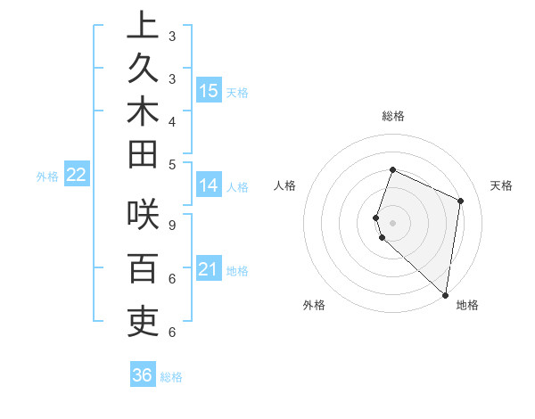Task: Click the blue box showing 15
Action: pos(209,90)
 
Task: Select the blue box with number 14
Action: pos(209,185)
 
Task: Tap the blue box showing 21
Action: pos(209,269)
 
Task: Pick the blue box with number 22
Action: pos(76,175)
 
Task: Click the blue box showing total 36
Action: pos(142,375)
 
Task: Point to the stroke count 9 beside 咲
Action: pos(171,226)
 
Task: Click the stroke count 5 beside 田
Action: pos(171,164)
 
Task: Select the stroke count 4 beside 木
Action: pos(171,121)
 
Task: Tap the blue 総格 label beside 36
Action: pos(171,377)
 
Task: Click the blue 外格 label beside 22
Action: pos(47,177)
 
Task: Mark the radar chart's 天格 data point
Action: pos(461,201)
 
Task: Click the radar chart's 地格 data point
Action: pos(446,295)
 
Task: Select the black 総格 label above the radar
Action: pos(393,116)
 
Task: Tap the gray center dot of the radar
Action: pos(393,222)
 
